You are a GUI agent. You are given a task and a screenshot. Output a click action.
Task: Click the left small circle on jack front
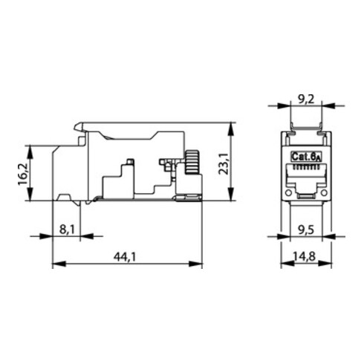tap(286, 196)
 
